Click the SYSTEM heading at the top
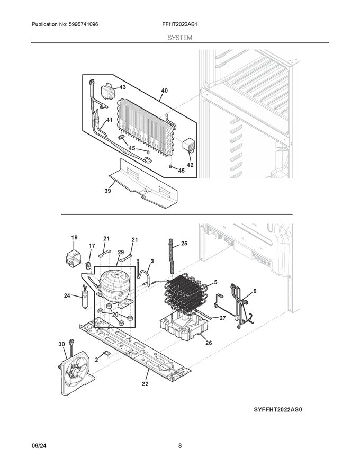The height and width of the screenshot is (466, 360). coord(179,38)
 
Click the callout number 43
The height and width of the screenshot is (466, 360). coord(122,87)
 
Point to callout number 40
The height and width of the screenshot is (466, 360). coord(164,91)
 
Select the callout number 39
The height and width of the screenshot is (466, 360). coord(107,191)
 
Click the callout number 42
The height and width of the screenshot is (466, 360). coord(190,165)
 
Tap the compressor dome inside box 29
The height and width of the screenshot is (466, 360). coord(113,283)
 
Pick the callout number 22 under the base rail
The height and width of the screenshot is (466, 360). coord(145,384)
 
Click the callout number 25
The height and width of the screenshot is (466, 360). coord(184,244)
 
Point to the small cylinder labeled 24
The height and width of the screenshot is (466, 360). coord(86,299)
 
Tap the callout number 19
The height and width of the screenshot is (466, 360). coord(74,237)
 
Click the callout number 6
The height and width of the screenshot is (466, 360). coord(255,291)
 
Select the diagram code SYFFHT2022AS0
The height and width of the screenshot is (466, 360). coord(278,409)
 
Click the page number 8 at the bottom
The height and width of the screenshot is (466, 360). coord(180,446)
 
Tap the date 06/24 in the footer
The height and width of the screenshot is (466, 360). coord(39,446)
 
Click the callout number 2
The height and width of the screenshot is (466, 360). coord(96,360)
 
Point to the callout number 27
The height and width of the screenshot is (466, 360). coord(222,318)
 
